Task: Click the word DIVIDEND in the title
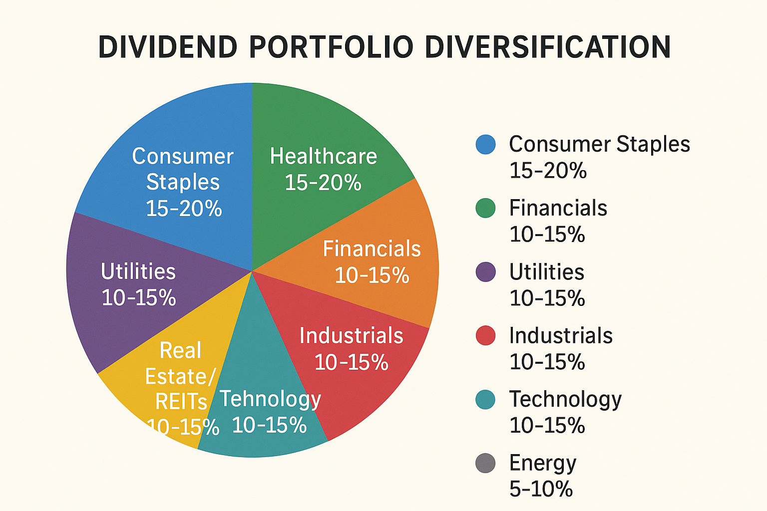pyautogui.click(x=167, y=47)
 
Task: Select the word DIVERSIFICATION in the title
pyautogui.click(x=547, y=47)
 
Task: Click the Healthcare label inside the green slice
pyautogui.click(x=323, y=156)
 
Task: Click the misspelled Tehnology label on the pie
pyautogui.click(x=270, y=399)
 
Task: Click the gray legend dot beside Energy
pyautogui.click(x=485, y=463)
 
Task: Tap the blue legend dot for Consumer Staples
pyautogui.click(x=485, y=144)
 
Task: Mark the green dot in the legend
pyautogui.click(x=485, y=208)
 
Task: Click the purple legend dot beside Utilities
pyautogui.click(x=485, y=272)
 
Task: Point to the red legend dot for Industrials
pyautogui.click(x=485, y=335)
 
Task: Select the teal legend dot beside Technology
pyautogui.click(x=485, y=399)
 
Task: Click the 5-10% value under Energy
pyautogui.click(x=541, y=489)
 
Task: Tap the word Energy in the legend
pyautogui.click(x=542, y=463)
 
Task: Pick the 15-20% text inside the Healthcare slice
pyautogui.click(x=323, y=183)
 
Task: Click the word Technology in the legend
pyautogui.click(x=565, y=399)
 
